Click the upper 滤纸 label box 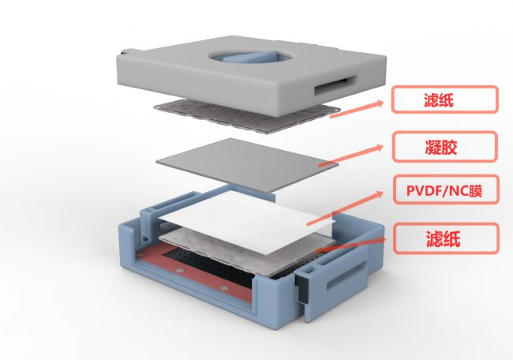tap(445, 99)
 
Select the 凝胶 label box tap(445, 147)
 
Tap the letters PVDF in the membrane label tap(424, 190)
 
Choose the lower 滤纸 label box tap(446, 238)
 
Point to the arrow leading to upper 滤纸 tap(357, 109)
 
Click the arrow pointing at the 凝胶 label tap(351, 156)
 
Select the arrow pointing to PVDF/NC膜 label tap(345, 208)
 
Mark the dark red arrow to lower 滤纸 tap(352, 244)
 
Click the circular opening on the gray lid tap(251, 57)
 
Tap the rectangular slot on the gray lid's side tap(335, 85)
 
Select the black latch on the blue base tap(301, 288)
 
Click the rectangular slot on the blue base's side tap(346, 278)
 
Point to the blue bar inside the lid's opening tap(250, 57)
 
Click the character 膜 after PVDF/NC tap(475, 190)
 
